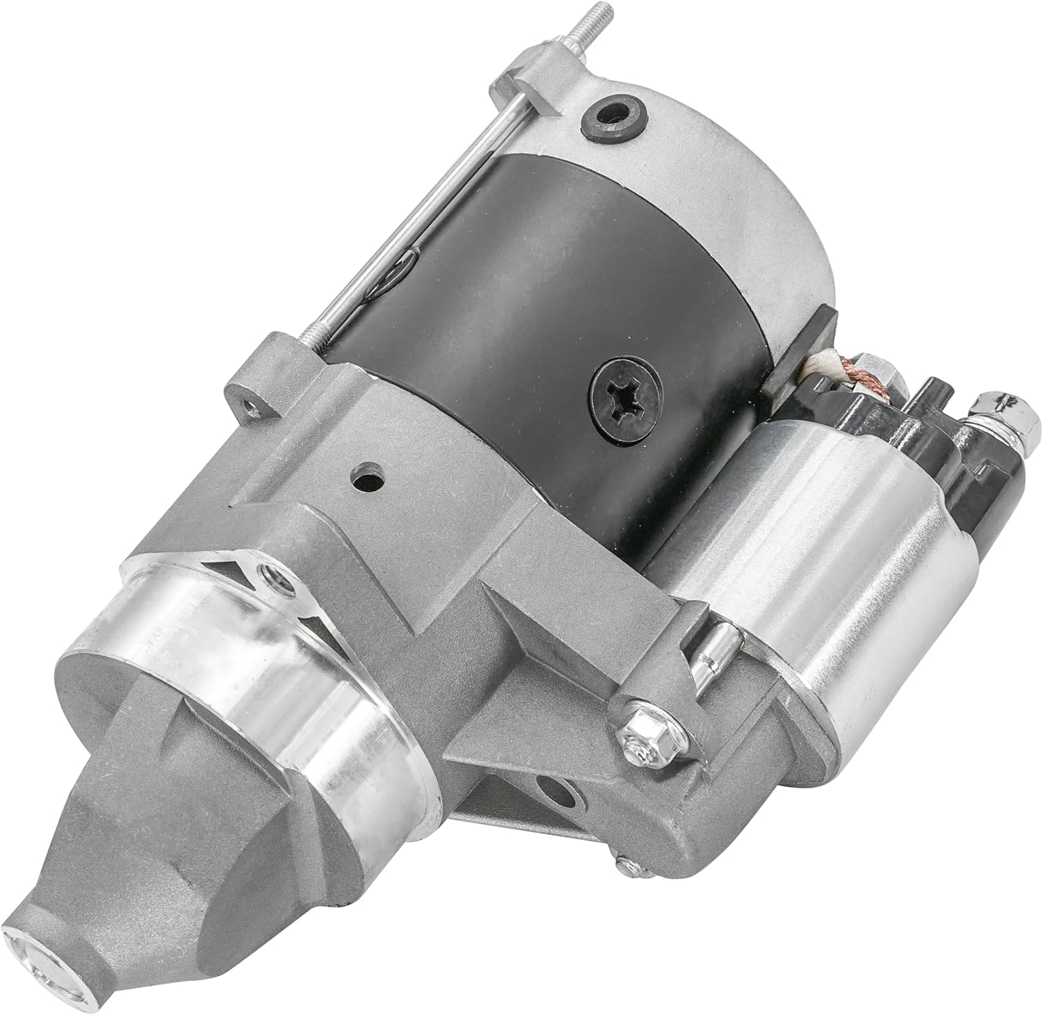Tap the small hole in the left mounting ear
(247, 403)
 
